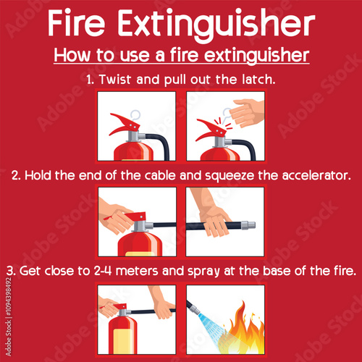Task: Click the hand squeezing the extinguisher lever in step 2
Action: pyautogui.click(x=116, y=216)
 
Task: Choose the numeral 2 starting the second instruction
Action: pyautogui.click(x=15, y=176)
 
